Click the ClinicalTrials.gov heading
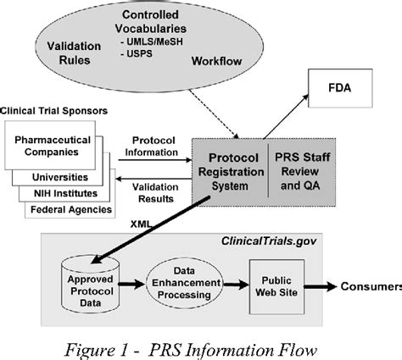tap(263, 242)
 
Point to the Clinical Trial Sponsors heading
tap(54, 112)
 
